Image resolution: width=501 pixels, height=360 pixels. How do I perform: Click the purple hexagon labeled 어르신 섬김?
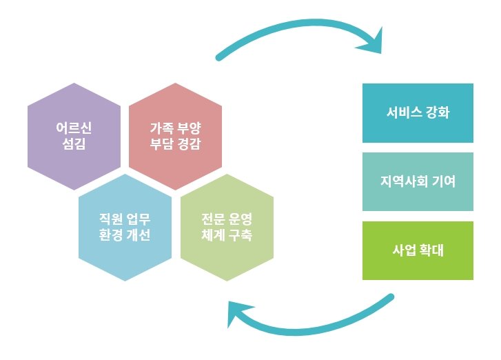coord(74,137)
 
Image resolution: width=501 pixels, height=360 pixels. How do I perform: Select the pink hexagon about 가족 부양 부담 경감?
coord(175,137)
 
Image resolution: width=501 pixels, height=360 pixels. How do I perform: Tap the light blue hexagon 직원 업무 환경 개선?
coord(125,228)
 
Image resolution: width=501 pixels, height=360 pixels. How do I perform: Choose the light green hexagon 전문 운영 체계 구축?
coord(227,228)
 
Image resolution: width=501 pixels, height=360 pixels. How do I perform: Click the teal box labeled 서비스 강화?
coord(418,113)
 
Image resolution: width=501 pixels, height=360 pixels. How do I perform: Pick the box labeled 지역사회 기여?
coord(418,181)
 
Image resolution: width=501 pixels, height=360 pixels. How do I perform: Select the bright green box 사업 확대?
coord(418,250)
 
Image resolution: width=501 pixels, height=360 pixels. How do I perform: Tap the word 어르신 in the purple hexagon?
coord(74,128)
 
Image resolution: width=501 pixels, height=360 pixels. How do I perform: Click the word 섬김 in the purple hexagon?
coord(74,144)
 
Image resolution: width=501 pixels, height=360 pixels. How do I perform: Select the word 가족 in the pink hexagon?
coord(162,128)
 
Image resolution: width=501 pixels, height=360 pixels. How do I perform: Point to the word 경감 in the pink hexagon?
coord(189,144)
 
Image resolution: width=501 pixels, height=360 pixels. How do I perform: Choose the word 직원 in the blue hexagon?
coord(111,219)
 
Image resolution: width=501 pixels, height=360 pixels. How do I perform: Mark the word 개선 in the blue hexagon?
coord(139,235)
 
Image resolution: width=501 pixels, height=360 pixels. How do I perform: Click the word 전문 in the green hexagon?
coord(213,219)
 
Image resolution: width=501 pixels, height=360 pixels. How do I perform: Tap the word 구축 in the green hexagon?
coord(241,235)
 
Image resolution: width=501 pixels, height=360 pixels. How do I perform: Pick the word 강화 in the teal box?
coord(438,112)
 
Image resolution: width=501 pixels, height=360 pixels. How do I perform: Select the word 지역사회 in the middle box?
coord(405,181)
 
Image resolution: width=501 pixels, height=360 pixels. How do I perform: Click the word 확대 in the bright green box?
coord(431,250)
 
